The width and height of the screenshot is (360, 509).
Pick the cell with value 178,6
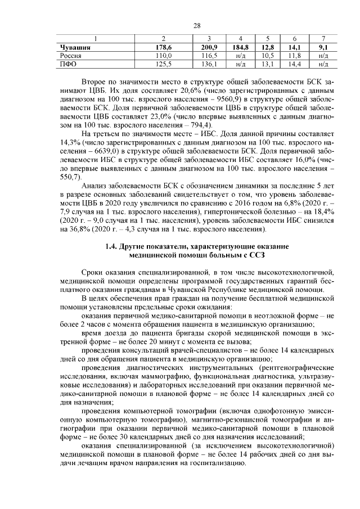pos(163,48)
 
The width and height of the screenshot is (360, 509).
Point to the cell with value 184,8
pos(241,48)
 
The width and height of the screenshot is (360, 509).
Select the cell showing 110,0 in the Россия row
pos(163,56)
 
